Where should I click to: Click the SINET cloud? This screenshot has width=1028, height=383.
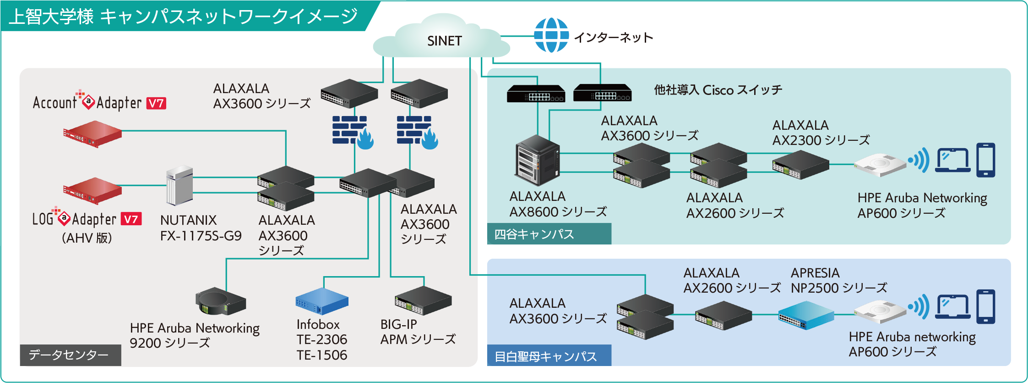pos(441,36)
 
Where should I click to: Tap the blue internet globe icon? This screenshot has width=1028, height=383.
pos(551,35)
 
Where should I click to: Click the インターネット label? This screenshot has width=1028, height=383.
pos(614,37)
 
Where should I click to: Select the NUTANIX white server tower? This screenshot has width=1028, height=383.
pos(179,185)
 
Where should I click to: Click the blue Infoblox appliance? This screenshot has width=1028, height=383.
pos(322,301)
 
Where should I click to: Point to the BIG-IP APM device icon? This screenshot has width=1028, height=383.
pos(423,301)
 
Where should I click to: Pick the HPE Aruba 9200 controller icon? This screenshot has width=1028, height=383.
pos(221,301)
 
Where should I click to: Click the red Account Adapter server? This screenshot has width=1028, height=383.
pos(92,134)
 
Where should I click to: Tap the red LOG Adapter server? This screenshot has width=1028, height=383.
pos(92,190)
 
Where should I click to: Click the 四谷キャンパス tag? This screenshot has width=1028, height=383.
pos(549,234)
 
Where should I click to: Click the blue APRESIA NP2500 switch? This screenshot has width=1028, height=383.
pos(806,315)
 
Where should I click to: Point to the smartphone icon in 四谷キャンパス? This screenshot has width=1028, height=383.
pos(986,160)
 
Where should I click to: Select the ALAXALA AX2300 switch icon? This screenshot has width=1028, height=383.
pos(800,165)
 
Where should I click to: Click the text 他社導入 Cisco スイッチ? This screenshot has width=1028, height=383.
pos(718,90)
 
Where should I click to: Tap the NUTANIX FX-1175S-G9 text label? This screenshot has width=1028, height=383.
pos(201,228)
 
